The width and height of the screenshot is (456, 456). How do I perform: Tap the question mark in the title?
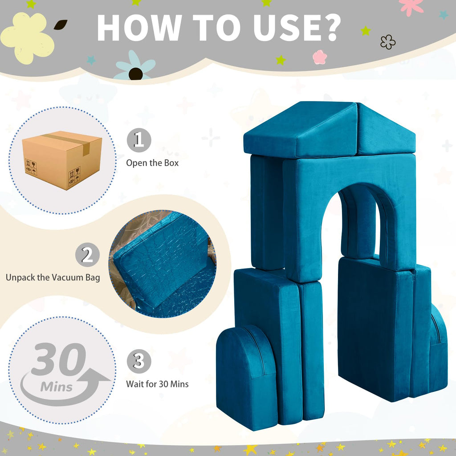[330, 28]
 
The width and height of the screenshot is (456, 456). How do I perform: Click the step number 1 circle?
[139, 140]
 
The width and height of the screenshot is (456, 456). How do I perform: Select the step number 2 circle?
[87, 255]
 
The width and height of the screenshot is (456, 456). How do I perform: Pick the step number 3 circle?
[139, 361]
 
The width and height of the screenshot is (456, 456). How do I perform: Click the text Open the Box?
[152, 163]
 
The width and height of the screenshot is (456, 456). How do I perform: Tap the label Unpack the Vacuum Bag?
[53, 277]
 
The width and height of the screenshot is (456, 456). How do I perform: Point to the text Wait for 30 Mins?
[157, 384]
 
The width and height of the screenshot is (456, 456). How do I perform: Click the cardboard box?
[62, 160]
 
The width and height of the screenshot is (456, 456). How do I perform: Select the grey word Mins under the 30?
[57, 387]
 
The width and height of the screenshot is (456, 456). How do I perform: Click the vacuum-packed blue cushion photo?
[163, 264]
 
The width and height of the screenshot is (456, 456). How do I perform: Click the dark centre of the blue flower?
[135, 73]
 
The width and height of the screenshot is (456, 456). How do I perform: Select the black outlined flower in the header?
[388, 42]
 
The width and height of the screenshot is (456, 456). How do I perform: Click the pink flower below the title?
[320, 57]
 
